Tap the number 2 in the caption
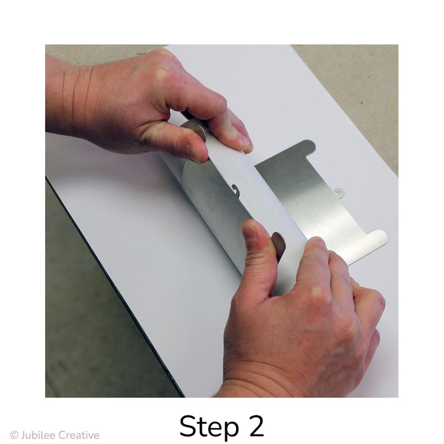[254, 426]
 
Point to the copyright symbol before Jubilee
[14, 435]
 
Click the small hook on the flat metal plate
[339, 193]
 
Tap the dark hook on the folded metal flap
[235, 190]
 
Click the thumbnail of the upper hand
[193, 153]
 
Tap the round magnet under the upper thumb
[200, 133]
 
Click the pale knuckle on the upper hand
[161, 73]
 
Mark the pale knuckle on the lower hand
[317, 291]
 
